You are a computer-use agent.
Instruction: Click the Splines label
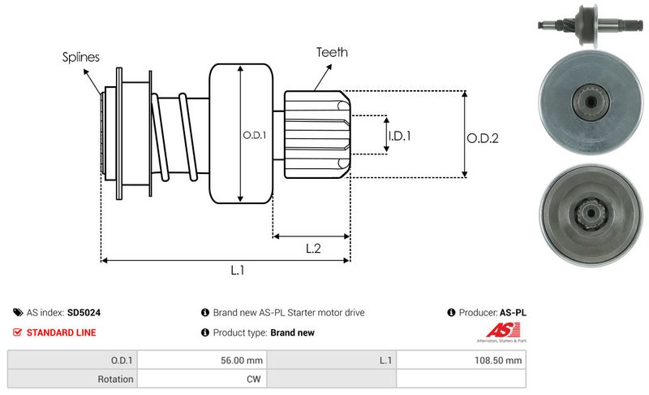click(80, 58)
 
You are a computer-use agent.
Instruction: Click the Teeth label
click(332, 52)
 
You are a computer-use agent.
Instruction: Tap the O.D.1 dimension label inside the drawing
click(254, 135)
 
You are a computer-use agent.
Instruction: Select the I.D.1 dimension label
click(399, 136)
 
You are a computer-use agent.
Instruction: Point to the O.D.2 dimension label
click(482, 138)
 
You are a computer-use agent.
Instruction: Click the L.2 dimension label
click(313, 249)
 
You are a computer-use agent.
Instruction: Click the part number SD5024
click(84, 312)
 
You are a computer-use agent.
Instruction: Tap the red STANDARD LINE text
click(61, 332)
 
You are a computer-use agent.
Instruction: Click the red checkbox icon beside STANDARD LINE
click(18, 332)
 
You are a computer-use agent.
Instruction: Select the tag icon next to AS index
click(18, 312)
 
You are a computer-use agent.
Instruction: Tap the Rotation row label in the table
click(116, 378)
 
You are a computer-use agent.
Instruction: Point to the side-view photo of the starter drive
click(587, 24)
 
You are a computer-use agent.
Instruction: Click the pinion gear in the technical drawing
click(316, 134)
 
